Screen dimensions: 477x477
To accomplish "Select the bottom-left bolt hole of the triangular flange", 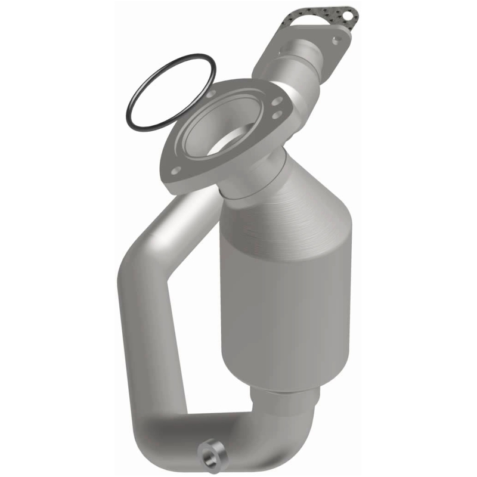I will coord(175,171).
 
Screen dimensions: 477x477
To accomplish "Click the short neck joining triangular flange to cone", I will coord(250,179).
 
